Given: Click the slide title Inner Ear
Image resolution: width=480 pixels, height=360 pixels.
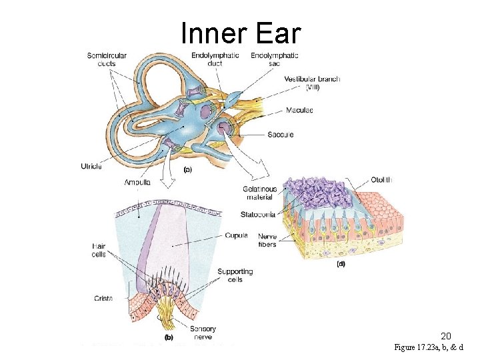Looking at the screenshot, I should pos(241,33).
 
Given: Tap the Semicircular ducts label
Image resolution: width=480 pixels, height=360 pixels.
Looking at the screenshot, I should pos(107,59).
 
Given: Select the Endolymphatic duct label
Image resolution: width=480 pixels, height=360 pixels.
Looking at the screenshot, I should pos(215,59).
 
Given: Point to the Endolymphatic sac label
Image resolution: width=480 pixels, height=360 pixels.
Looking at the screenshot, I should pos(274,59).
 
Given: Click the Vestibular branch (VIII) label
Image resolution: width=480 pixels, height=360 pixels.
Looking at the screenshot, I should pos(312,83).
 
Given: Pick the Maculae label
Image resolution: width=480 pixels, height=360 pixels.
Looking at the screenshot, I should pos(299,110).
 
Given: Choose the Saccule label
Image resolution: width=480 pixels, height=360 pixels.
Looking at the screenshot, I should pos(280,135).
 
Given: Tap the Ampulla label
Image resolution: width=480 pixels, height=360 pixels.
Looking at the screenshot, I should pos(137,182).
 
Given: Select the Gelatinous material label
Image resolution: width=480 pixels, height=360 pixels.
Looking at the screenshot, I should pos(260,193).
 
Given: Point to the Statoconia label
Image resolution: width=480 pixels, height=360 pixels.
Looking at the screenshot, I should pos(258,215).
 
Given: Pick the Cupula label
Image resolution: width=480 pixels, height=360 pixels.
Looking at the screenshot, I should pos(237,235).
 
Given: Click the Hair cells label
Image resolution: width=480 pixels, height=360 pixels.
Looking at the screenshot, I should pos(99,250).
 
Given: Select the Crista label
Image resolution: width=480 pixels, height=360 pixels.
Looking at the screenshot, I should pos(103,299).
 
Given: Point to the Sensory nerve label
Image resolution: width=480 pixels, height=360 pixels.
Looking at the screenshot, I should pos(203,333).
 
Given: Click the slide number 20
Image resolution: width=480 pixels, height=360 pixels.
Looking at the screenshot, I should pos(446,336).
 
